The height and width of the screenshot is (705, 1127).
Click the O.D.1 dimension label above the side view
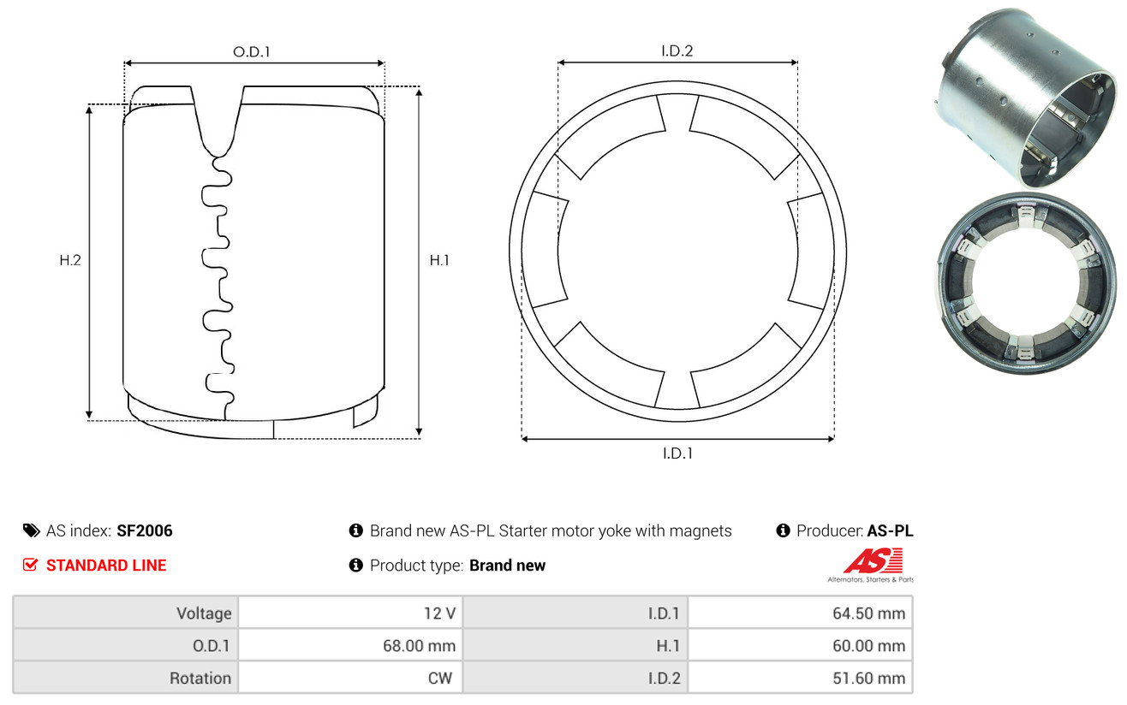252,51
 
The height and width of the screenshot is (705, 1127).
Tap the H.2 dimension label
70,260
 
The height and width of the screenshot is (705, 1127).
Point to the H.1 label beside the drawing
439,260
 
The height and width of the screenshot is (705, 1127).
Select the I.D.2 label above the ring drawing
677,50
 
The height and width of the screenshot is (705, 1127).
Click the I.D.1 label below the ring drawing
677,453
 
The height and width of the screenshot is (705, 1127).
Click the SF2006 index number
145,530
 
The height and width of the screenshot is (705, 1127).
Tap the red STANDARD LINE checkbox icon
30,565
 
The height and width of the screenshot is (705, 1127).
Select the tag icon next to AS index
31,530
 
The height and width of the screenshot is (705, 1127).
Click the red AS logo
873,560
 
